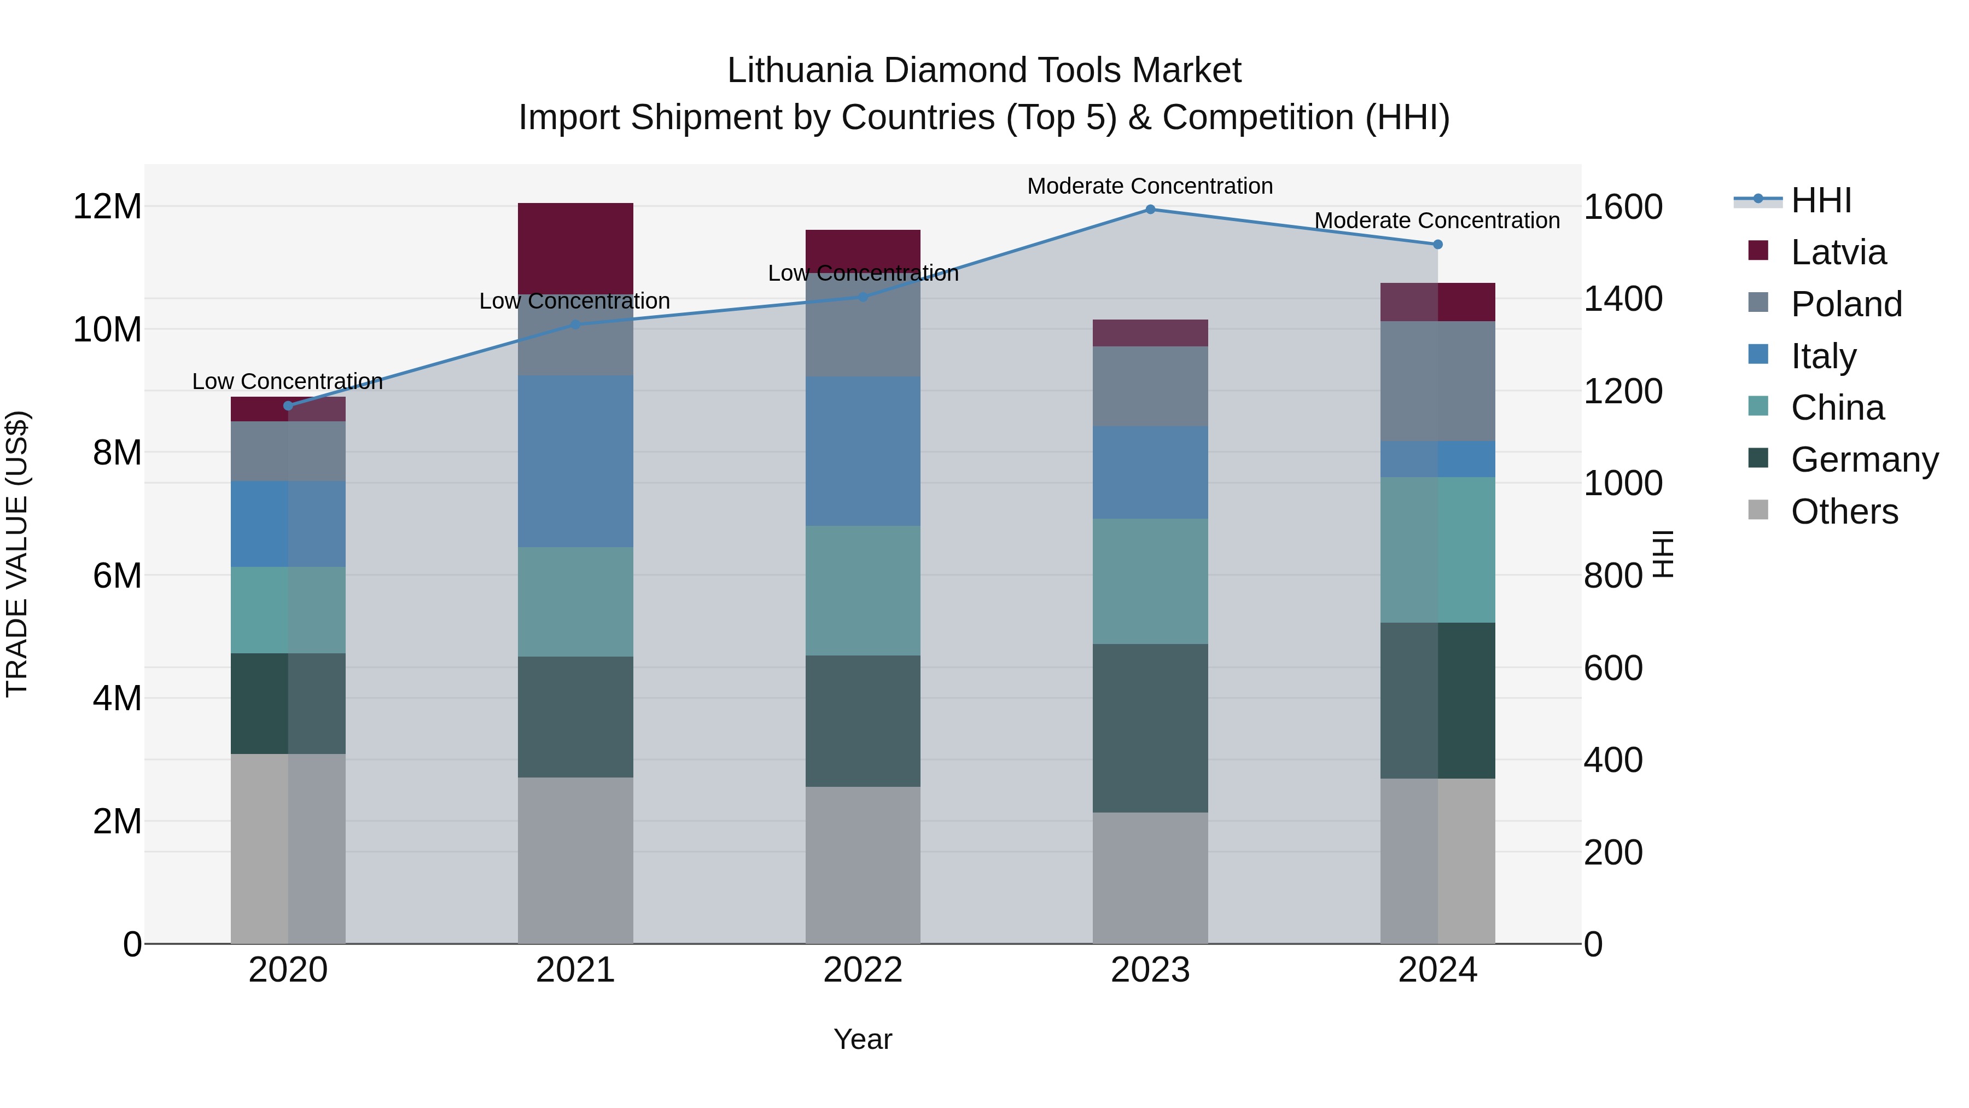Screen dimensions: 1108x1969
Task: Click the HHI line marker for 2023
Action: [x=1150, y=210]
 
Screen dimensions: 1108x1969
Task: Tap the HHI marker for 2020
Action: [x=288, y=406]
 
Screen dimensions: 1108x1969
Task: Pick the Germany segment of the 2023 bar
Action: [x=1150, y=728]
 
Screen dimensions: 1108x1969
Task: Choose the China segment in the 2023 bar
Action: [x=1150, y=581]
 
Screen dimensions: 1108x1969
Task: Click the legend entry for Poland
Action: [x=1845, y=304]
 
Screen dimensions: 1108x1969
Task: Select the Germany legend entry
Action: [x=1863, y=460]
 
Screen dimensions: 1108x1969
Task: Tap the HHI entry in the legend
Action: [x=1821, y=200]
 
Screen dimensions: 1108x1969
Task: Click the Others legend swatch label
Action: [x=1844, y=512]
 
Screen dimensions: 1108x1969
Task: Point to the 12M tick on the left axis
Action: [x=107, y=206]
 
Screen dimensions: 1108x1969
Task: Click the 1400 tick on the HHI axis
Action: [x=1622, y=299]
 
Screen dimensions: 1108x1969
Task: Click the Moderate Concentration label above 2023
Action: [x=1150, y=186]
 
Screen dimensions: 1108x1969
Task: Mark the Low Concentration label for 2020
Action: [x=287, y=381]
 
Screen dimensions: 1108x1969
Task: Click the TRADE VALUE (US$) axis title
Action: [x=17, y=554]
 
